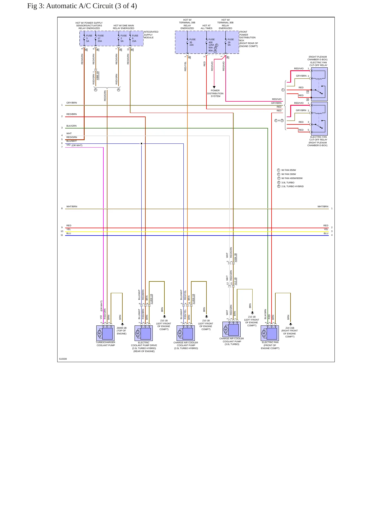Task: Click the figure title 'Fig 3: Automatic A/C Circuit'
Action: [70, 6]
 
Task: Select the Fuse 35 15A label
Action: [192, 42]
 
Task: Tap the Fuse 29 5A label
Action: [231, 42]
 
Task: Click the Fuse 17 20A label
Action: [101, 38]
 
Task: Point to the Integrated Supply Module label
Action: [151, 35]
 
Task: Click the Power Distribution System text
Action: [215, 93]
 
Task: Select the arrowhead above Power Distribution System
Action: [214, 87]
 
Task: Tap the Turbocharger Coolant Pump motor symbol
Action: [99, 333]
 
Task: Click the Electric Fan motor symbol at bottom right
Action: [264, 333]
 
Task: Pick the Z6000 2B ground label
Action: [122, 331]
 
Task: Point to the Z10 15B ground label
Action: [289, 332]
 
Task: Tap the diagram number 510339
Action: [63, 359]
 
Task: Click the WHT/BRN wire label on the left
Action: [72, 206]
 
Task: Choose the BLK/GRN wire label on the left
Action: [71, 126]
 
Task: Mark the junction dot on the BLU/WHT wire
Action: [141, 143]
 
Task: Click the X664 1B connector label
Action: [235, 258]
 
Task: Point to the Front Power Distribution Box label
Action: [248, 39]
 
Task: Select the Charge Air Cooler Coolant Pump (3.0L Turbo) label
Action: [232, 341]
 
